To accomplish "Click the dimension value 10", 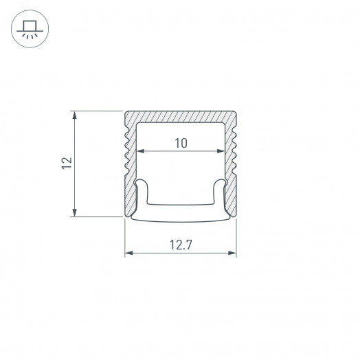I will point(180,143).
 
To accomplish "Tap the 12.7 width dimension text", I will point(180,243).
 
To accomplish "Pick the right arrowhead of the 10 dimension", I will point(221,150).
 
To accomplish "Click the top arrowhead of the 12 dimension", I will point(74,113).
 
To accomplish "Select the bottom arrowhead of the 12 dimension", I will point(74,213).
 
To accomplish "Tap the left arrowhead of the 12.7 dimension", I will point(128,254).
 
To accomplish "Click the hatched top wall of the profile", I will point(180,117).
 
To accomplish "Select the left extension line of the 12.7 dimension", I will point(124,237).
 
